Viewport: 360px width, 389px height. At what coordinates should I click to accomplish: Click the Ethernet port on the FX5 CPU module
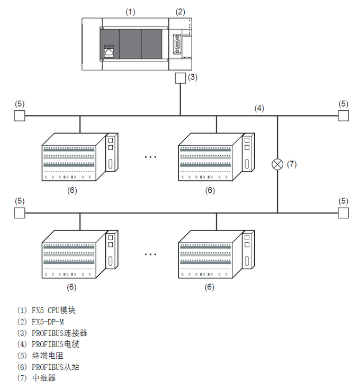tap(109, 51)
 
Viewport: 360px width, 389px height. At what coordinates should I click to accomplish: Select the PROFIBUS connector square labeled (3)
tap(180, 78)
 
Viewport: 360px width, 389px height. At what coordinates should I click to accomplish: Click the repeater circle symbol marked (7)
tap(277, 164)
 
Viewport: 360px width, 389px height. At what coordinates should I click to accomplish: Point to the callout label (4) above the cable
tap(259, 108)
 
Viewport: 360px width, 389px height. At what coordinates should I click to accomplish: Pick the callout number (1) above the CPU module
tap(130, 11)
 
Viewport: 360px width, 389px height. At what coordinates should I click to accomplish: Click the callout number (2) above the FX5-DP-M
tap(180, 11)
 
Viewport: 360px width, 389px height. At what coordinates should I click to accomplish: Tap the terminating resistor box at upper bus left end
tap(20, 116)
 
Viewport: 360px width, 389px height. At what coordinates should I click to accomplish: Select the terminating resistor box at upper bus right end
tap(344, 116)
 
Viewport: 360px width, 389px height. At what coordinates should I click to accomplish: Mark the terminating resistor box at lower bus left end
tap(20, 213)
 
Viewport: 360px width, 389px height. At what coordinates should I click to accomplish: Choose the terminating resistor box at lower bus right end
tap(344, 213)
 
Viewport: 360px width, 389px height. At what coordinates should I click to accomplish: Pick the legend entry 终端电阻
tap(44, 356)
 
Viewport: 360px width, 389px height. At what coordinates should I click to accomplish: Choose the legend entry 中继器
tap(44, 378)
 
